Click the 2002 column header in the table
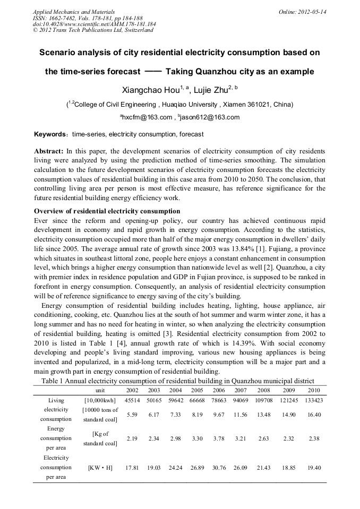tap(132, 390)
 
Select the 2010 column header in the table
tap(314, 390)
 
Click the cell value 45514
tap(132, 400)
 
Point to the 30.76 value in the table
tap(219, 468)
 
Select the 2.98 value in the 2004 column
tap(176, 438)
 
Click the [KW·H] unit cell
tap(100, 468)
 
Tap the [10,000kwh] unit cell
tap(100, 400)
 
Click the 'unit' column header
tap(100, 390)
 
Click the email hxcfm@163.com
tap(148, 117)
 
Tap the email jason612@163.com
tap(210, 117)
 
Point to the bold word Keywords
tap(51, 134)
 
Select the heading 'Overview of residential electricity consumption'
tap(107, 211)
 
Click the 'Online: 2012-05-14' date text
tap(303, 12)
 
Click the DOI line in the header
tap(95, 24)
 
